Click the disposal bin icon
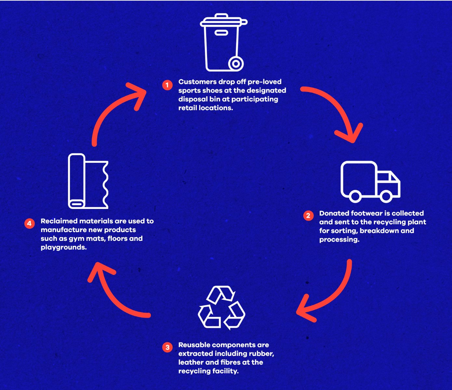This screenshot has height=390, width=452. tap(222, 42)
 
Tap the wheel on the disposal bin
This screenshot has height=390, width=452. tap(236, 63)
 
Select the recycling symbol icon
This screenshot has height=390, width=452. tap(221, 307)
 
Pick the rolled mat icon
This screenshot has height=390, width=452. tap(88, 181)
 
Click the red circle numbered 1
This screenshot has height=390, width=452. tap(167, 85)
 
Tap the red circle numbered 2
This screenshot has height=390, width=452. tap(308, 215)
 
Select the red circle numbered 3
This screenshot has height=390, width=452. tap(167, 347)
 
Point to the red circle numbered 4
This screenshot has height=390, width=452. tap(30, 223)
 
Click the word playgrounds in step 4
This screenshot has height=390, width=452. tap(63, 247)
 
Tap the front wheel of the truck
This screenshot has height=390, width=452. tap(386, 196)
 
